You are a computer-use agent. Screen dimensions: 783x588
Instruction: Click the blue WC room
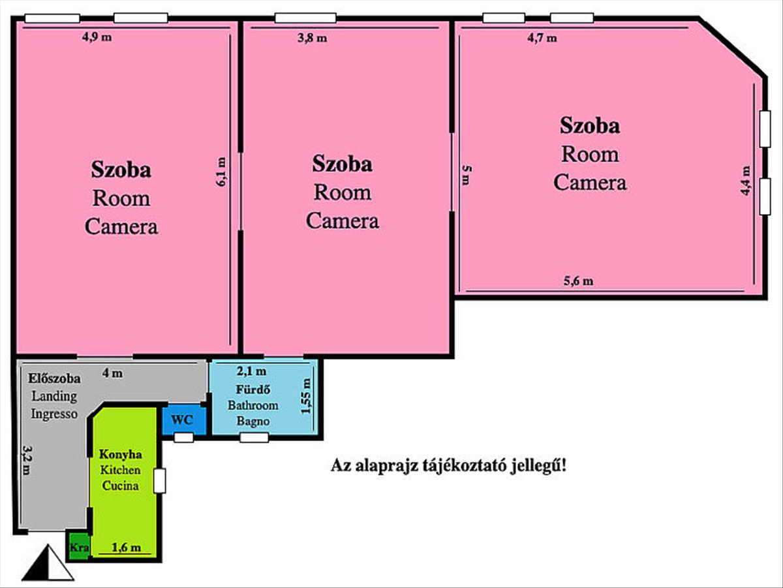pyautogui.click(x=184, y=420)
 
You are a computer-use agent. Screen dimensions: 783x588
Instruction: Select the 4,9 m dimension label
pyautogui.click(x=97, y=37)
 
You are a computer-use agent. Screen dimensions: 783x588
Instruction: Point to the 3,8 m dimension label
pyautogui.click(x=313, y=37)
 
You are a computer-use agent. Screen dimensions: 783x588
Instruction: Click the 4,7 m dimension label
pyautogui.click(x=542, y=37)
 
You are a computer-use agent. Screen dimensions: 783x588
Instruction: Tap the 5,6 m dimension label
pyautogui.click(x=579, y=281)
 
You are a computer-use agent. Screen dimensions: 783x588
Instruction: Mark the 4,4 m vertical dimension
pyautogui.click(x=745, y=181)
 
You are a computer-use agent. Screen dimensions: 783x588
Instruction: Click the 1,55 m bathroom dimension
pyautogui.click(x=306, y=396)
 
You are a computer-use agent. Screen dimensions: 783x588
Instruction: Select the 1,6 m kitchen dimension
pyautogui.click(x=127, y=547)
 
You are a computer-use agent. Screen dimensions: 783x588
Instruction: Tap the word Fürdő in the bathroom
pyautogui.click(x=253, y=389)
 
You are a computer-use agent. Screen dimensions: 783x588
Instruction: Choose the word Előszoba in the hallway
pyautogui.click(x=54, y=379)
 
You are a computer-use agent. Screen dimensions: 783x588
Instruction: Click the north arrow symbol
pyautogui.click(x=48, y=563)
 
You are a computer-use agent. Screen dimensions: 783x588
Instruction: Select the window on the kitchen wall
pyautogui.click(x=160, y=481)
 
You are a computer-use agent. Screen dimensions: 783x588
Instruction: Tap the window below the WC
pyautogui.click(x=184, y=437)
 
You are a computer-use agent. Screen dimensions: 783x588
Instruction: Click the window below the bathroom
pyautogui.click(x=254, y=437)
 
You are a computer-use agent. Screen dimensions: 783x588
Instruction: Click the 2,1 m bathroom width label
pyautogui.click(x=251, y=371)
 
